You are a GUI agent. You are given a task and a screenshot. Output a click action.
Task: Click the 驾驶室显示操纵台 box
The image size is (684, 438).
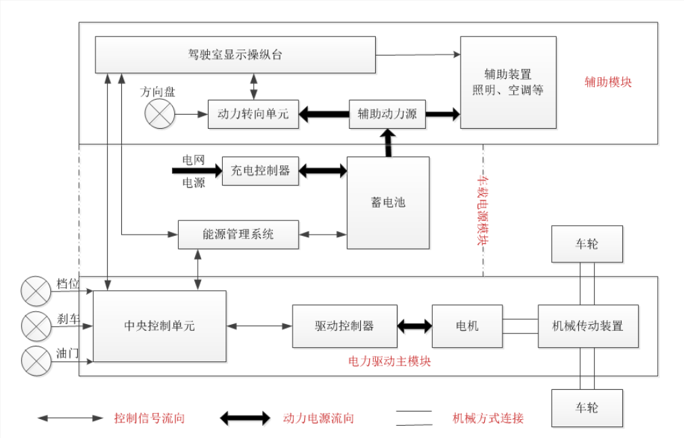pyautogui.click(x=235, y=55)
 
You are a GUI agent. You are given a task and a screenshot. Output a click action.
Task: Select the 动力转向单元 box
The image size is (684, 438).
pyautogui.click(x=253, y=114)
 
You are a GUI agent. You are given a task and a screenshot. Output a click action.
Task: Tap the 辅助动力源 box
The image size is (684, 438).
pyautogui.click(x=387, y=114)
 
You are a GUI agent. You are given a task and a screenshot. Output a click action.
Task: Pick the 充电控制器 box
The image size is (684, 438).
pyautogui.click(x=260, y=171)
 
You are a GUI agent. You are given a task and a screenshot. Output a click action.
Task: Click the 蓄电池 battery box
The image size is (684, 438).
pyautogui.click(x=388, y=202)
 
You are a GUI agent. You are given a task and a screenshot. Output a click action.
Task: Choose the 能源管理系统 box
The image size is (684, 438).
pyautogui.click(x=238, y=235)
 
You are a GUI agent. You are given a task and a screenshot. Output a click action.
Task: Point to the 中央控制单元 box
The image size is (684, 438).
pyautogui.click(x=159, y=326)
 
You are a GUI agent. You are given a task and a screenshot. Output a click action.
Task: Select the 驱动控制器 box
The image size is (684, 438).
pyautogui.click(x=344, y=326)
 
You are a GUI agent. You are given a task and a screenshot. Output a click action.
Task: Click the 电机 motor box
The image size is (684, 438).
pyautogui.click(x=467, y=326)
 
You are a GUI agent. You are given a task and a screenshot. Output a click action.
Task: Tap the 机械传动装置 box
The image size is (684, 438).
pyautogui.click(x=588, y=326)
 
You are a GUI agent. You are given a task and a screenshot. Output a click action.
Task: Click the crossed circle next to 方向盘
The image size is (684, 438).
pyautogui.click(x=159, y=113)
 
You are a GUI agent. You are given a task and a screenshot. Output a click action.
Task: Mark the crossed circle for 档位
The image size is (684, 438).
pyautogui.click(x=35, y=290)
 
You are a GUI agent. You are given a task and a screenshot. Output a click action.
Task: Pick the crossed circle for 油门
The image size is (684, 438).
pyautogui.click(x=35, y=361)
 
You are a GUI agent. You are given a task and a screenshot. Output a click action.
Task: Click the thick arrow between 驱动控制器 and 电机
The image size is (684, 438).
pyautogui.click(x=414, y=326)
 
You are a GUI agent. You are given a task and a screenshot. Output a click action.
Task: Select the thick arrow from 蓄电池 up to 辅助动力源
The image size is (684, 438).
pyautogui.click(x=389, y=142)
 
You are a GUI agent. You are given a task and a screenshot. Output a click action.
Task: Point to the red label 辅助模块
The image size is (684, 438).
pyautogui.click(x=608, y=82)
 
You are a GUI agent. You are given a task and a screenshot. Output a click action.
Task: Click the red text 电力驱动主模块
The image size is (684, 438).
pyautogui.click(x=389, y=361)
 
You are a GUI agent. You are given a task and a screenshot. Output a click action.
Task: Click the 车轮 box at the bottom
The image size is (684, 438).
pyautogui.click(x=587, y=407)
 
